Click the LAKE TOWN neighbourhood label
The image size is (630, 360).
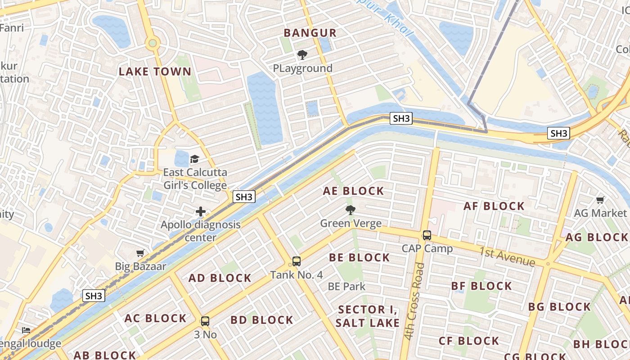point(155,72)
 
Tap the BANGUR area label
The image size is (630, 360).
point(310,33)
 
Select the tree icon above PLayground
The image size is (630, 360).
point(302,55)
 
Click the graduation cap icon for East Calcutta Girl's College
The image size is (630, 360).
point(194,159)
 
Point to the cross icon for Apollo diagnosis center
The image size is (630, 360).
point(201,211)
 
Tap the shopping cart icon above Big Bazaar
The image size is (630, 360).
point(140,253)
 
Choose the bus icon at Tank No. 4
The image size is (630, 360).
point(296,261)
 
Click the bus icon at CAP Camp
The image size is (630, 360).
point(427,235)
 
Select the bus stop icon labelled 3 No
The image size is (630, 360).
point(205,321)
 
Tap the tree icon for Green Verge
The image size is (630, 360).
point(350,210)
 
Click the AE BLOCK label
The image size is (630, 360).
point(354,191)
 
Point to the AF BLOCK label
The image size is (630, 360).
point(494,207)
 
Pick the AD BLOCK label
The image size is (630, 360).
point(220,278)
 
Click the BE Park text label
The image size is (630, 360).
point(346,287)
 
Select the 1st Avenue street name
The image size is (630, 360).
point(507,256)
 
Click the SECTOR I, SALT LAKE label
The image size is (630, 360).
point(368,316)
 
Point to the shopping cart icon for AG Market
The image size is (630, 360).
point(600,200)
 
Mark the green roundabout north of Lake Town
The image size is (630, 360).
point(153,43)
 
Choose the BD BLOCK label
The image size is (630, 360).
point(262,320)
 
